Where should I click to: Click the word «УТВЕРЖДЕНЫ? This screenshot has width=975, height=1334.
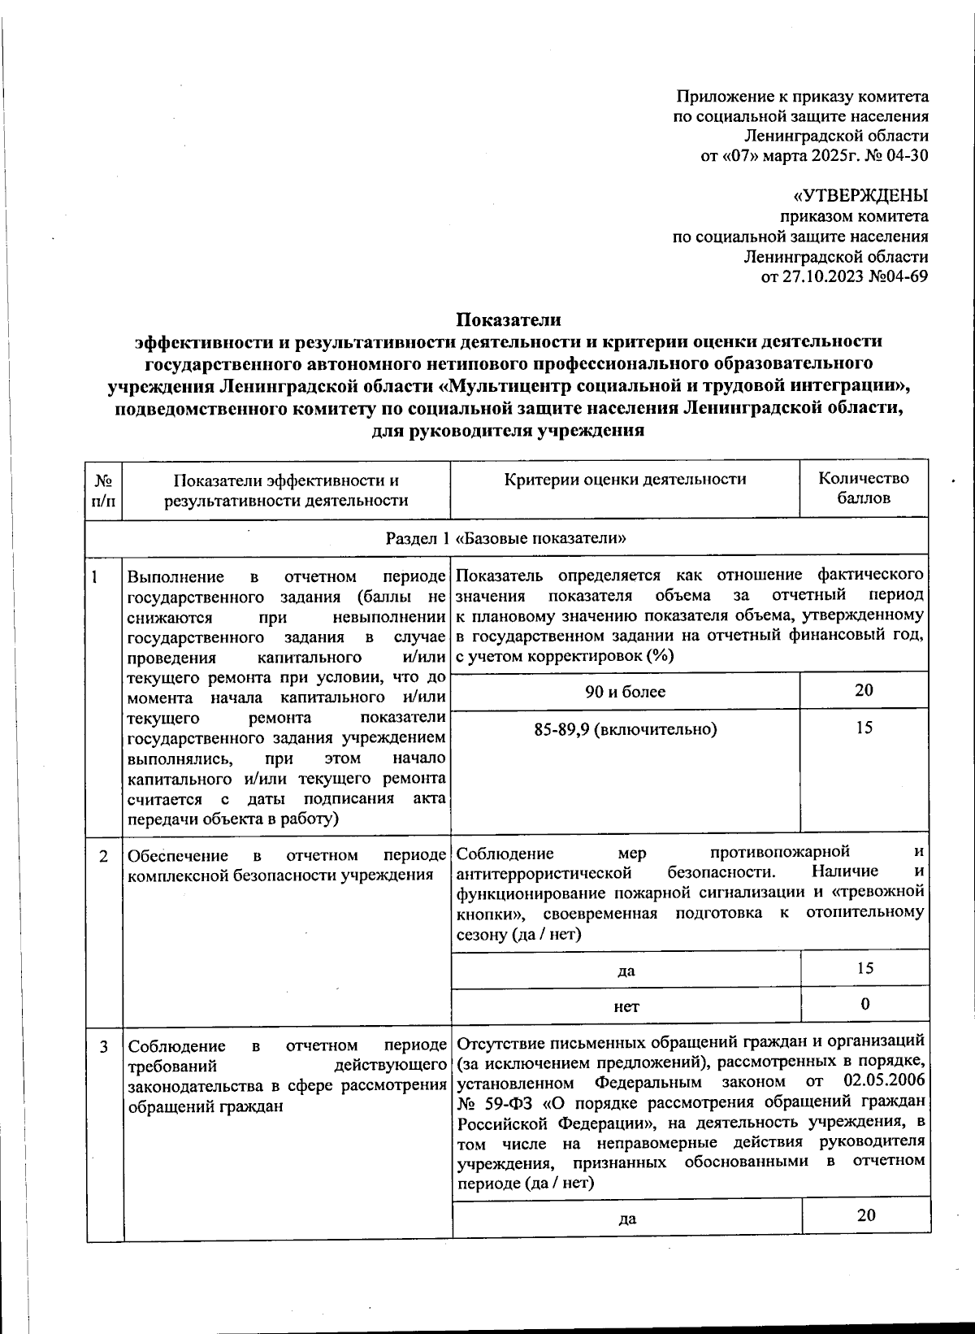[x=860, y=196]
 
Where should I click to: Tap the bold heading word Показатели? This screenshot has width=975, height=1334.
[x=508, y=319]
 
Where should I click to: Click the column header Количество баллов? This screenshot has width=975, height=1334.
[x=863, y=488]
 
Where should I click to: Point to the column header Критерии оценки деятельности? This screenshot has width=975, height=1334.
[x=625, y=479]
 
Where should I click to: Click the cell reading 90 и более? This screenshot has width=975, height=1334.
[x=625, y=692]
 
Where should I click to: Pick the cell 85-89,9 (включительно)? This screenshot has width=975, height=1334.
[x=625, y=729]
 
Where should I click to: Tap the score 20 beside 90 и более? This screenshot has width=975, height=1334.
[x=864, y=690]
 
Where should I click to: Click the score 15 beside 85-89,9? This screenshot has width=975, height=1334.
[x=864, y=728]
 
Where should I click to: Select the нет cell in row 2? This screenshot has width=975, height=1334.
[x=626, y=1006]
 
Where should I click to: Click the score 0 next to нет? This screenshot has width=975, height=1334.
[x=864, y=1004]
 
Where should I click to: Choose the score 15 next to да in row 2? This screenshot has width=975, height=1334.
[x=864, y=968]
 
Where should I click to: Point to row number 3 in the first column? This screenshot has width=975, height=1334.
[x=103, y=1046]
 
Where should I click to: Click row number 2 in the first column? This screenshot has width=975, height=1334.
[x=103, y=856]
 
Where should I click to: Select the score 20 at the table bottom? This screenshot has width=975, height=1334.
[x=865, y=1215]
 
